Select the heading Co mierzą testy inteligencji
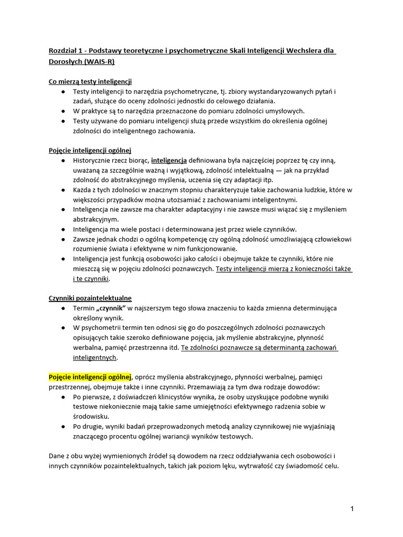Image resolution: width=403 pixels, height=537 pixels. pyautogui.click(x=90, y=81)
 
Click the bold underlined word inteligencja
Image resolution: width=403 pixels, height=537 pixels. pyautogui.click(x=169, y=160)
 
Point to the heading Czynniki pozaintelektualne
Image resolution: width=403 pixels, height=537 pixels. pyautogui.click(x=90, y=298)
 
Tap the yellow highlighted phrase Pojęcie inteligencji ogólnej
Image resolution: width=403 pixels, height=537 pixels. pyautogui.click(x=90, y=377)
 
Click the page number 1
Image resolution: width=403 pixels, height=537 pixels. pyautogui.click(x=353, y=509)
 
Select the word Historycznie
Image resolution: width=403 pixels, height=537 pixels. pyautogui.click(x=94, y=160)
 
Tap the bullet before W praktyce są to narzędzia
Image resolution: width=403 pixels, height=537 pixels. pyautogui.click(x=63, y=111)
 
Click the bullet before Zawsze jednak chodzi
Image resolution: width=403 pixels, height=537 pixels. pyautogui.click(x=63, y=239)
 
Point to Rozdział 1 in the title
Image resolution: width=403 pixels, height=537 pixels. pyautogui.click(x=65, y=50)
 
